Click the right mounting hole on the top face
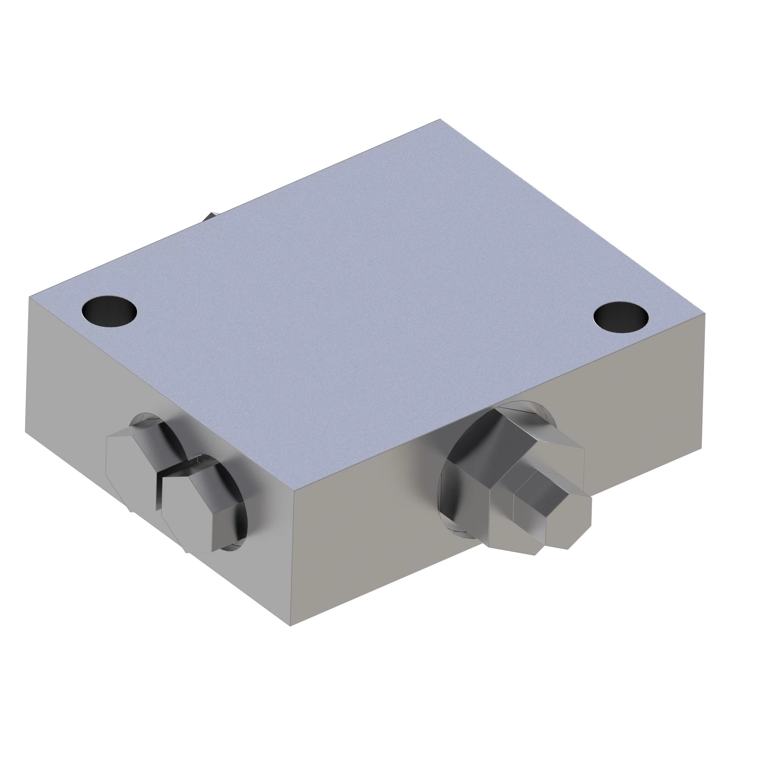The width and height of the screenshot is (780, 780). click(620, 317)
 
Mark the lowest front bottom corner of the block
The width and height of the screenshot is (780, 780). click(291, 626)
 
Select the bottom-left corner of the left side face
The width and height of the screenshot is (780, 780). click(26, 432)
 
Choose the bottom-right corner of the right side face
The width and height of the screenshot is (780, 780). click(702, 451)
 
